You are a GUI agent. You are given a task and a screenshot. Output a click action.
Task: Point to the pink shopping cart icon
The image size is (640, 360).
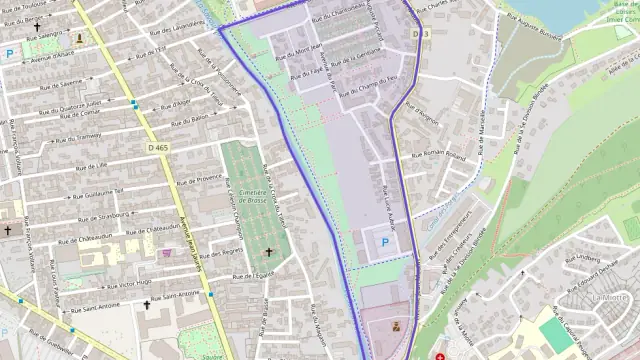165,253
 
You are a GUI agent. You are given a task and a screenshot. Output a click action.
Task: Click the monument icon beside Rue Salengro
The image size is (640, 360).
79,38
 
